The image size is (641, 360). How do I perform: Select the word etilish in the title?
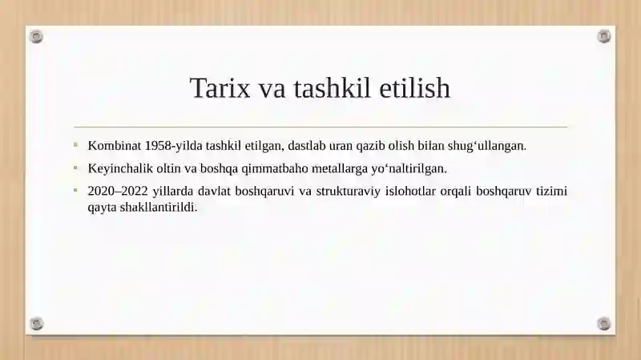417,88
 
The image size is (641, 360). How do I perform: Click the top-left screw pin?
36,36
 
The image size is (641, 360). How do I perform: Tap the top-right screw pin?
604,36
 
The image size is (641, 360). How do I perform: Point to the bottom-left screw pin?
36,324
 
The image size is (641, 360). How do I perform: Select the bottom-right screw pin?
604,324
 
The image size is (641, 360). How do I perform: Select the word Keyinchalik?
120,168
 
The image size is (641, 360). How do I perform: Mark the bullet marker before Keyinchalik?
75,168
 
